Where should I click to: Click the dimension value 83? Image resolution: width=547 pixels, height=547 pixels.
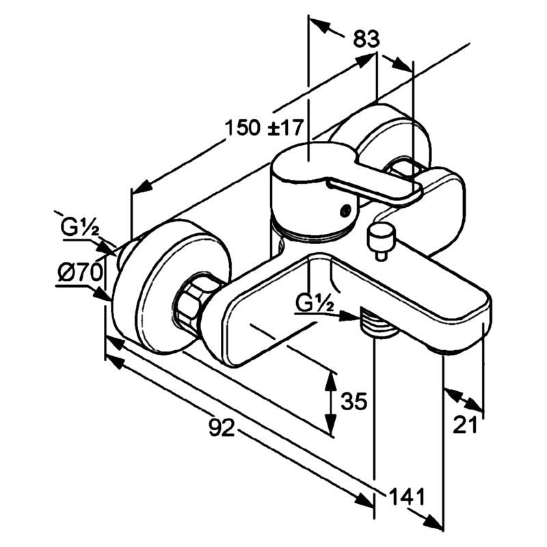366,39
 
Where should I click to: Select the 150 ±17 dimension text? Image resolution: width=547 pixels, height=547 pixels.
263,127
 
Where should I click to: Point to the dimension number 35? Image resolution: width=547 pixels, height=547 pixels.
354,401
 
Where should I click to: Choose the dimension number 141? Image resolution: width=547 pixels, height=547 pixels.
407,496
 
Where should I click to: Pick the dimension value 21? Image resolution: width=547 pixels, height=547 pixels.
465,425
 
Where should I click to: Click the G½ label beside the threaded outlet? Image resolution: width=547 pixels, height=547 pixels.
315,302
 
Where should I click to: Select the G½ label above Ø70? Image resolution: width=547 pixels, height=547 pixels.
80,228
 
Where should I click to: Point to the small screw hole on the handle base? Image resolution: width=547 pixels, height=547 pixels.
346,210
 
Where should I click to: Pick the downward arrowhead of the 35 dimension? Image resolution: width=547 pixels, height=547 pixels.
330,423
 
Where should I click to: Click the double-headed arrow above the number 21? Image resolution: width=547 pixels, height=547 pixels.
464,400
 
